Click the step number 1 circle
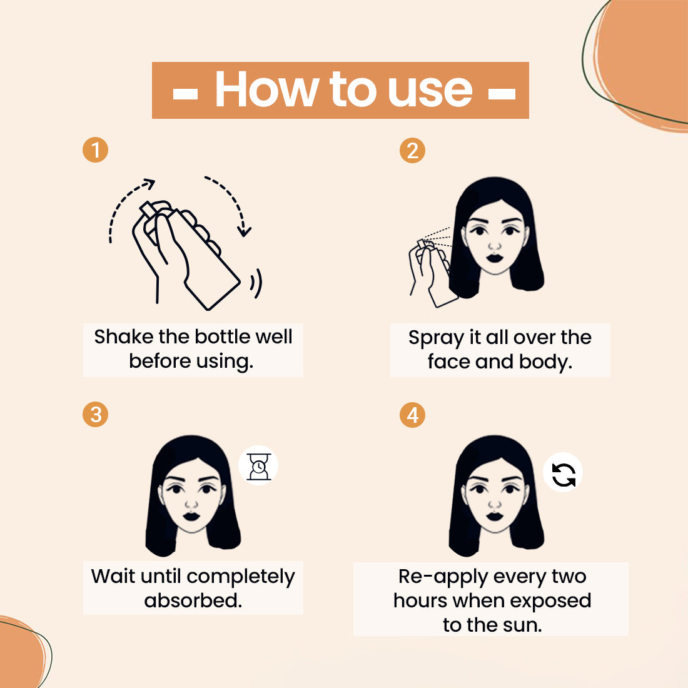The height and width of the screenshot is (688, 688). click(x=95, y=151)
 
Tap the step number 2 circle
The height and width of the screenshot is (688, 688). click(x=412, y=151)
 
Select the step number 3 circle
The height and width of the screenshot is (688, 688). click(x=95, y=415)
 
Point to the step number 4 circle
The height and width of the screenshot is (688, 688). click(x=412, y=415)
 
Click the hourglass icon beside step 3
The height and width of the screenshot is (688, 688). click(x=258, y=467)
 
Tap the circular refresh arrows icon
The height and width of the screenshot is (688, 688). click(x=563, y=473)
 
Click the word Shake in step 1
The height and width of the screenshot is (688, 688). click(x=123, y=337)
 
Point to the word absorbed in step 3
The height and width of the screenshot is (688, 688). click(x=193, y=600)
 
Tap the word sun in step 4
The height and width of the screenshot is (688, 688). click(x=524, y=625)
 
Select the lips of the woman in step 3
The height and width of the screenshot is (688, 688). click(x=191, y=517)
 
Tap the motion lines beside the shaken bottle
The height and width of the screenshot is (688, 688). click(x=256, y=285)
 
